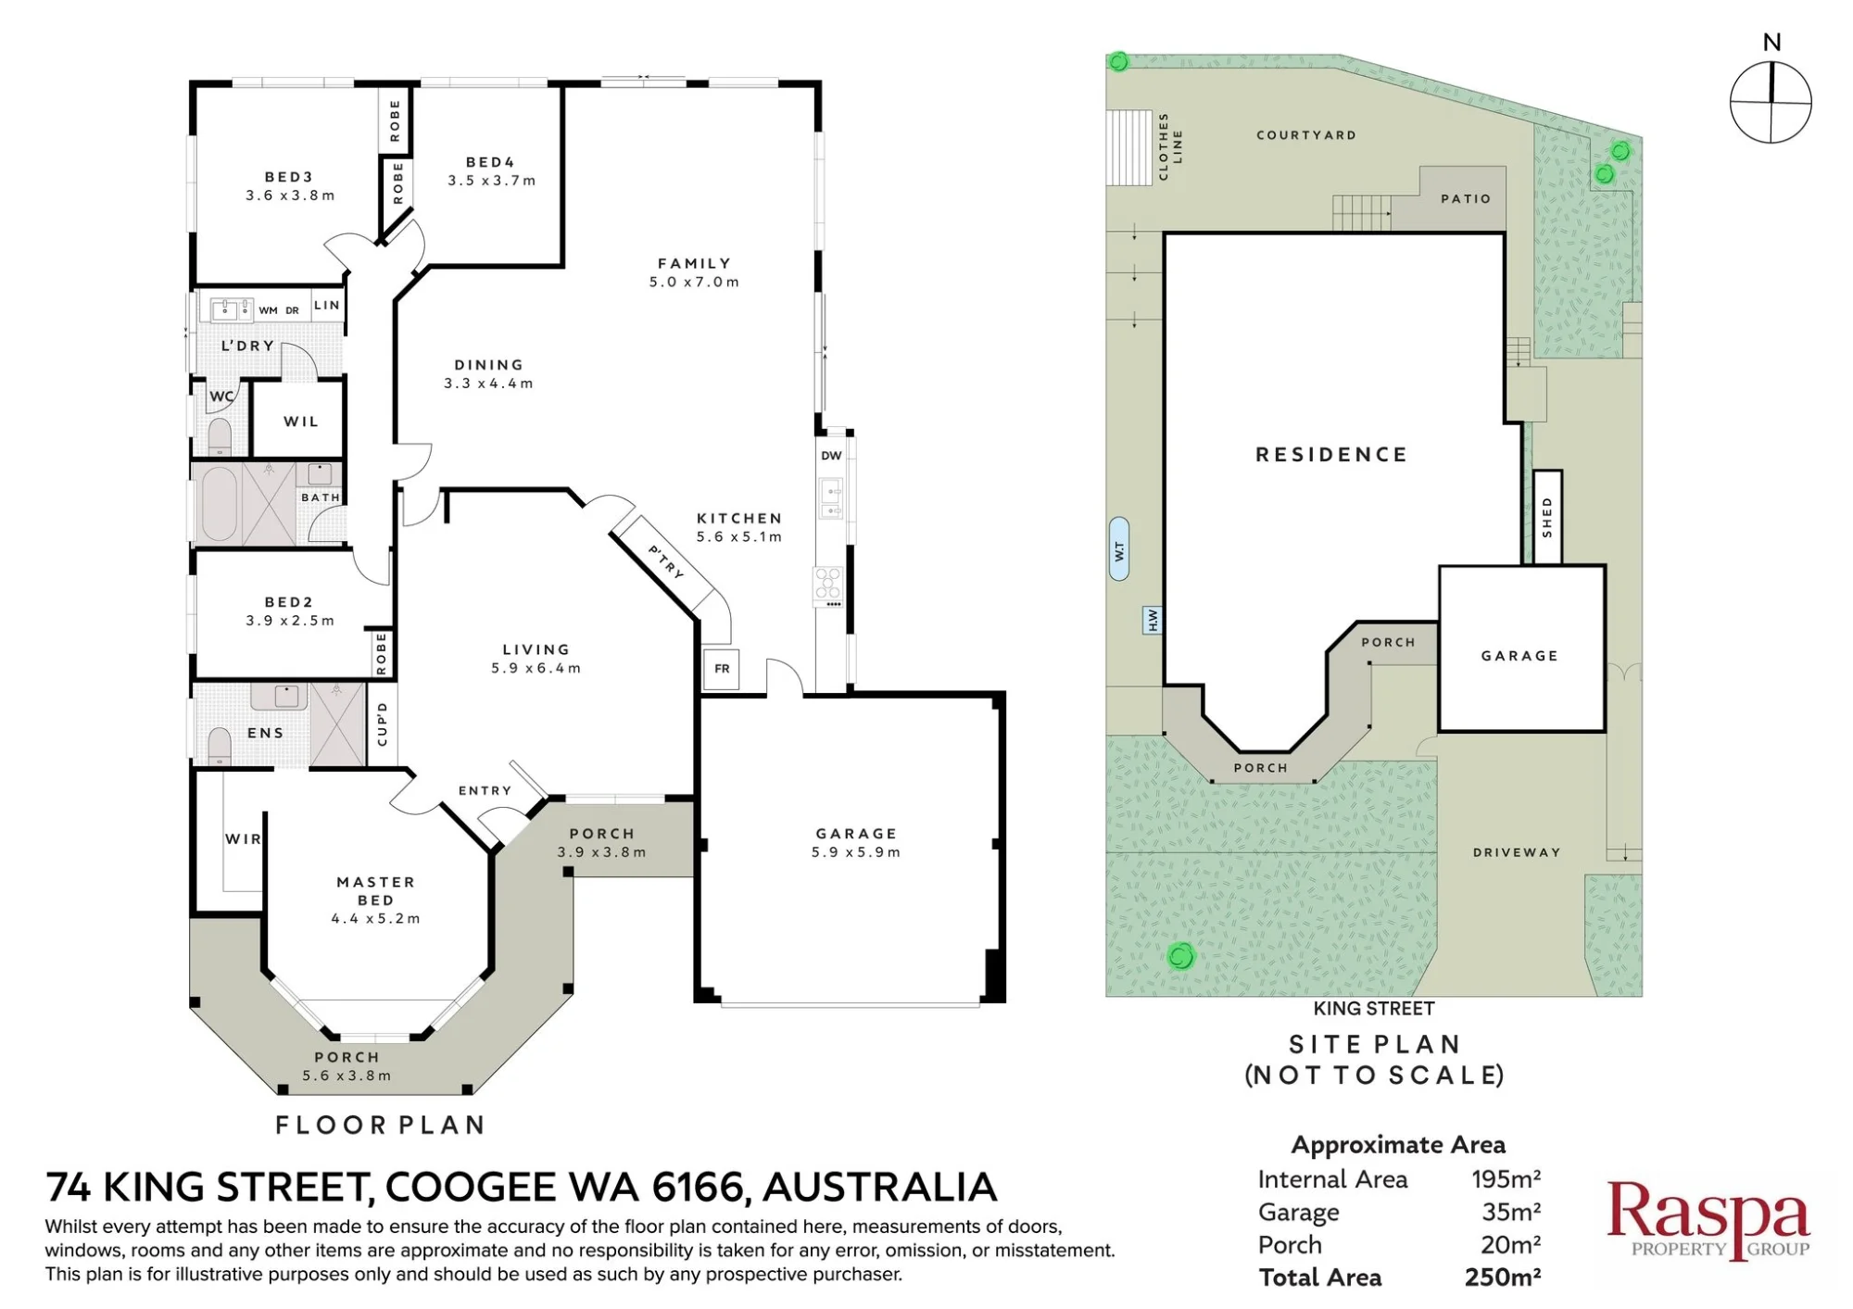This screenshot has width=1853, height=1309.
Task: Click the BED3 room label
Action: click(288, 177)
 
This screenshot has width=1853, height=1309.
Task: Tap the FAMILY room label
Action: click(694, 264)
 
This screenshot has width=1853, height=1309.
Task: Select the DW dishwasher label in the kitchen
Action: click(831, 456)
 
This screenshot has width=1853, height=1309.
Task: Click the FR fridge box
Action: click(722, 669)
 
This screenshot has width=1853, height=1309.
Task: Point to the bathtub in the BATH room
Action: click(219, 504)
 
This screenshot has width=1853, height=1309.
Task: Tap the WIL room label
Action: click(300, 422)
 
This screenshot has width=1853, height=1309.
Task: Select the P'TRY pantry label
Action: click(665, 561)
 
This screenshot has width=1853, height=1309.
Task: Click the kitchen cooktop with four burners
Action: click(828, 586)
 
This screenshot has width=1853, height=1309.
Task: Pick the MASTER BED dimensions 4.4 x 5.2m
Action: click(375, 919)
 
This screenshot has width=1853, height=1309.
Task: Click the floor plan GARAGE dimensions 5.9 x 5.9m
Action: click(855, 852)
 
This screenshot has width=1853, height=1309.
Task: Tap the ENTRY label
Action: click(485, 791)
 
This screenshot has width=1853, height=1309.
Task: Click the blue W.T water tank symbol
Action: click(1119, 549)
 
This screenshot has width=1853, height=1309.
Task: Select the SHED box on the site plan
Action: click(1547, 517)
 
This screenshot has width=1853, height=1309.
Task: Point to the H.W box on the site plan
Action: click(1153, 620)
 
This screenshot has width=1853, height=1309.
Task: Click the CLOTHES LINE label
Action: click(1170, 146)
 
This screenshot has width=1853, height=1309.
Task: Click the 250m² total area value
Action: click(1503, 1277)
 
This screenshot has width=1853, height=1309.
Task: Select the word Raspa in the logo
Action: click(1708, 1211)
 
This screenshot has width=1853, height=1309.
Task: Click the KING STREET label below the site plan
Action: click(1373, 1009)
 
